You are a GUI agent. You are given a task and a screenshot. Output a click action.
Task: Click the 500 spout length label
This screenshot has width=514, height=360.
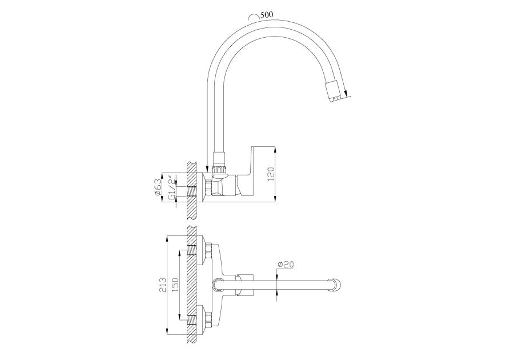(x=267, y=15)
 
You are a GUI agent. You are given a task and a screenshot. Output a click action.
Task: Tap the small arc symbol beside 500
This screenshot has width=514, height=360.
(x=254, y=17)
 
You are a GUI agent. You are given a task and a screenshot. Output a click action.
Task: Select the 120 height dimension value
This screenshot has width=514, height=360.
(x=271, y=174)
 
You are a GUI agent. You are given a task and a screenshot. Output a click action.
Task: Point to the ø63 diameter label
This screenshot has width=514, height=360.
(x=158, y=187)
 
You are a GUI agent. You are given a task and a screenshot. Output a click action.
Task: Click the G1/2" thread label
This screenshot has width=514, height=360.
(x=170, y=188)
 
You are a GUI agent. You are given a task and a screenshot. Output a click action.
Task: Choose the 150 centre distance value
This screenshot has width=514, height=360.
(x=175, y=285)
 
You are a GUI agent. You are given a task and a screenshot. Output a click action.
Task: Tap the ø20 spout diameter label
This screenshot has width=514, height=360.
(x=286, y=264)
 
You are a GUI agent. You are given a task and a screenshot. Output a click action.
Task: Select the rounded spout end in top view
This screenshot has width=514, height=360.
(x=336, y=285)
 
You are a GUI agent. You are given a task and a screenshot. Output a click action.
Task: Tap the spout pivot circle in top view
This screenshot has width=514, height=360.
(x=219, y=285)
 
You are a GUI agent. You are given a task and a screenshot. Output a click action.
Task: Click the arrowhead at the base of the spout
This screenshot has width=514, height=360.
(x=207, y=168)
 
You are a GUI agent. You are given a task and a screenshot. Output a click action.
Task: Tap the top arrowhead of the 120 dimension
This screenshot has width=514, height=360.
(x=275, y=149)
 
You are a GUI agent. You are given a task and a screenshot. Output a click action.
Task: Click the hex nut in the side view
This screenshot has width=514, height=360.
(x=208, y=188)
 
